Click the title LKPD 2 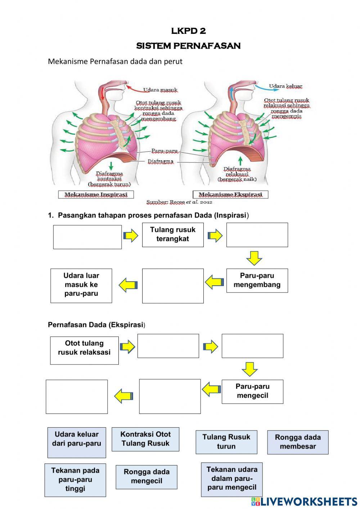point(188,31)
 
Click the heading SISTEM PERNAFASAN point(188,46)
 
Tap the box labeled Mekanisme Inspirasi point(96,195)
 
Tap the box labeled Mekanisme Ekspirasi point(230,195)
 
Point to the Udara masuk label point(160,90)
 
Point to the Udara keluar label point(285,86)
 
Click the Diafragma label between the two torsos point(161,161)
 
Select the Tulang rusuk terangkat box point(173,235)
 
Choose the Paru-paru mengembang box point(257,280)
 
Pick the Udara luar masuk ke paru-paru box point(81,285)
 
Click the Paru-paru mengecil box point(252,391)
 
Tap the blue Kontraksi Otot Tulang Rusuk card point(145,439)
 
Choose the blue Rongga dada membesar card point(298,442)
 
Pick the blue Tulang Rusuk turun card point(226,442)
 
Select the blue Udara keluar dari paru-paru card point(77,442)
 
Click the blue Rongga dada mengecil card point(147,477)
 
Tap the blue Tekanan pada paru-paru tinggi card point(75,480)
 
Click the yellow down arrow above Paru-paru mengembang point(254,258)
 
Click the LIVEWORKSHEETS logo point(304,501)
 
